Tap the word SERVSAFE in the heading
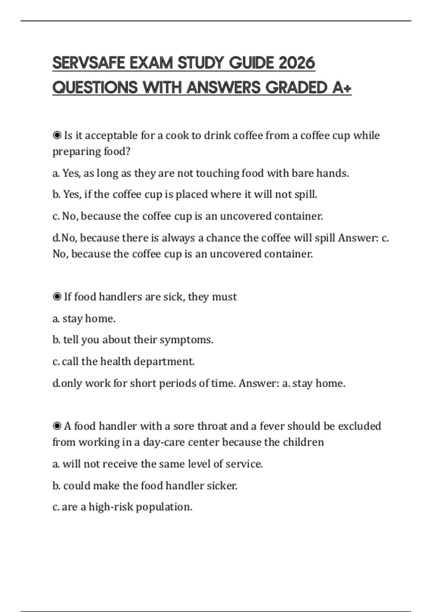[89, 63]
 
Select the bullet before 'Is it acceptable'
[57, 135]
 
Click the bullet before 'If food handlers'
[57, 297]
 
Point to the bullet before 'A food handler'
[57, 426]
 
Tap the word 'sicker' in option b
[221, 486]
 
